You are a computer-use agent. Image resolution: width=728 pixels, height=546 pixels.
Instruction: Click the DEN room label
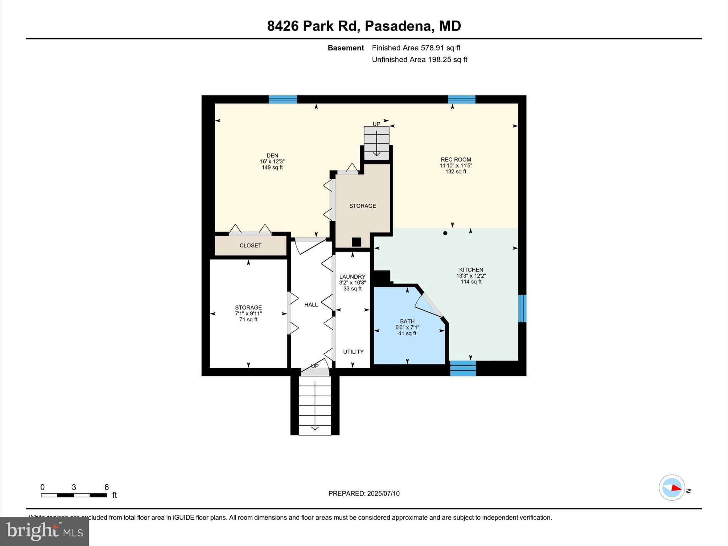(272, 155)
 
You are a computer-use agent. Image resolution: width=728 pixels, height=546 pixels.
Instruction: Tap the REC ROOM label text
(456, 160)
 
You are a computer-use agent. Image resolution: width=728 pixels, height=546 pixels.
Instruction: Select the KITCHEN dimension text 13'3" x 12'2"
(471, 276)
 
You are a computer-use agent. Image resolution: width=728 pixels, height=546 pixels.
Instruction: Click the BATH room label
(407, 321)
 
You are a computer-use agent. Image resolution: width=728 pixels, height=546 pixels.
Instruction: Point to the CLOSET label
(250, 246)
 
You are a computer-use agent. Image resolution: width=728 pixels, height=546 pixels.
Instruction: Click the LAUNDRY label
(352, 277)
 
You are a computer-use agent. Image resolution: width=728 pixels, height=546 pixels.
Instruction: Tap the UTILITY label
(353, 352)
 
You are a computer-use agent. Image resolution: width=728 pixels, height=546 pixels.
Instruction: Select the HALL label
(311, 305)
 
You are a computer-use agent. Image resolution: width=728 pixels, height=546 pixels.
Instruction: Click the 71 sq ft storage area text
(248, 320)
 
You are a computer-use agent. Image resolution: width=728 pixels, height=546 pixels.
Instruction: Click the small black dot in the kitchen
(445, 233)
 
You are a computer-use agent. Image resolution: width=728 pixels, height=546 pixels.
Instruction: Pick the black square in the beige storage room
(357, 242)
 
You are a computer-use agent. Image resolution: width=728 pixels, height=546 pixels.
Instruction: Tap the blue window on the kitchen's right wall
(522, 308)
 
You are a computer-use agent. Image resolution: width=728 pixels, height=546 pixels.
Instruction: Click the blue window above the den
(283, 100)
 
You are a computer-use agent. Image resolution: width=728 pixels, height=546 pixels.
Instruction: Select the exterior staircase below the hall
(315, 405)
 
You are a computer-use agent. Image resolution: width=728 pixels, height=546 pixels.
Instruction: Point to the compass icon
(672, 488)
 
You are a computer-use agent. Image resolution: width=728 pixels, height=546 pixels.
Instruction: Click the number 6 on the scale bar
(106, 487)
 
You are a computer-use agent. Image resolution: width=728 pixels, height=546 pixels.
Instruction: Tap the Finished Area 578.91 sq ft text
(416, 48)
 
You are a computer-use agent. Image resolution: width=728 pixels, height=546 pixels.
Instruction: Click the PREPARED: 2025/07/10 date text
(364, 493)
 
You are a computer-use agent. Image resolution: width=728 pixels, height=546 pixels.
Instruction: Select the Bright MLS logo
(44, 531)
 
